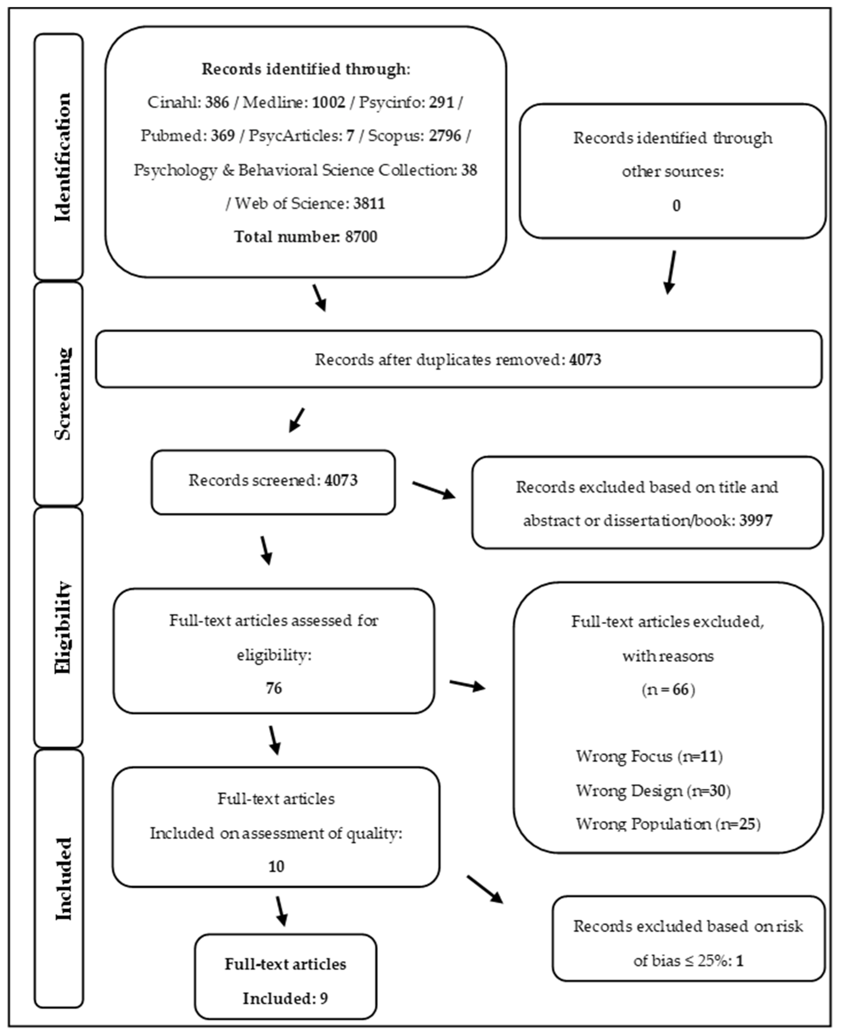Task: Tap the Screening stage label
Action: click(x=62, y=393)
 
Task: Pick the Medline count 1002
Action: click(x=328, y=102)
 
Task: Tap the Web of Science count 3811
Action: click(x=369, y=203)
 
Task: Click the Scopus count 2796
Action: click(x=445, y=136)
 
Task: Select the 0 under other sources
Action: click(x=676, y=206)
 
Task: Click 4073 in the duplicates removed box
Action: click(x=585, y=360)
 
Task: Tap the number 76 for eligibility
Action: click(x=274, y=688)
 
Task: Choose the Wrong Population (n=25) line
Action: click(x=667, y=824)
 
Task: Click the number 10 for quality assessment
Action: click(x=276, y=866)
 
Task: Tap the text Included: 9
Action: click(x=285, y=998)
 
